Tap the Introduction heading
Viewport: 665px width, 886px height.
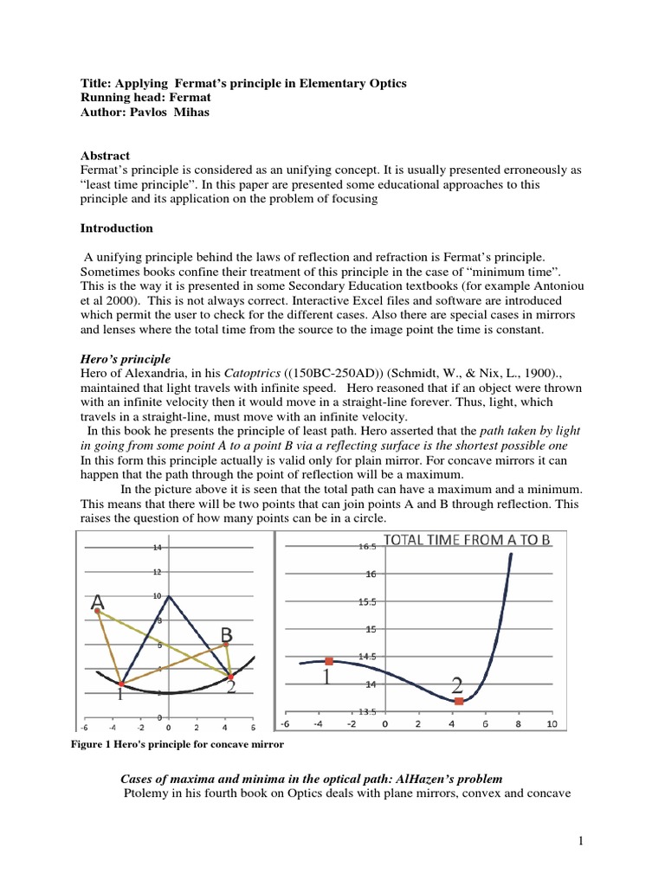coord(117,228)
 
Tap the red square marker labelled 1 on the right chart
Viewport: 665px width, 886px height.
coord(329,662)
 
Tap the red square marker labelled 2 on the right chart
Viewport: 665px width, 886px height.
coord(459,701)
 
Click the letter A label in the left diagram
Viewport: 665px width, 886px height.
coord(99,601)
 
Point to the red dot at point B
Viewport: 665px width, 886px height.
coord(225,645)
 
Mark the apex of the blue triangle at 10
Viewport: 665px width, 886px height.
coord(170,596)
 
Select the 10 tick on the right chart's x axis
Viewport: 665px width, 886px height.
coord(552,724)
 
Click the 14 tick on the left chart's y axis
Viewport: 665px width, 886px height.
coord(157,549)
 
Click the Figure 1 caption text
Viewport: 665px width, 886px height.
coord(178,744)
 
